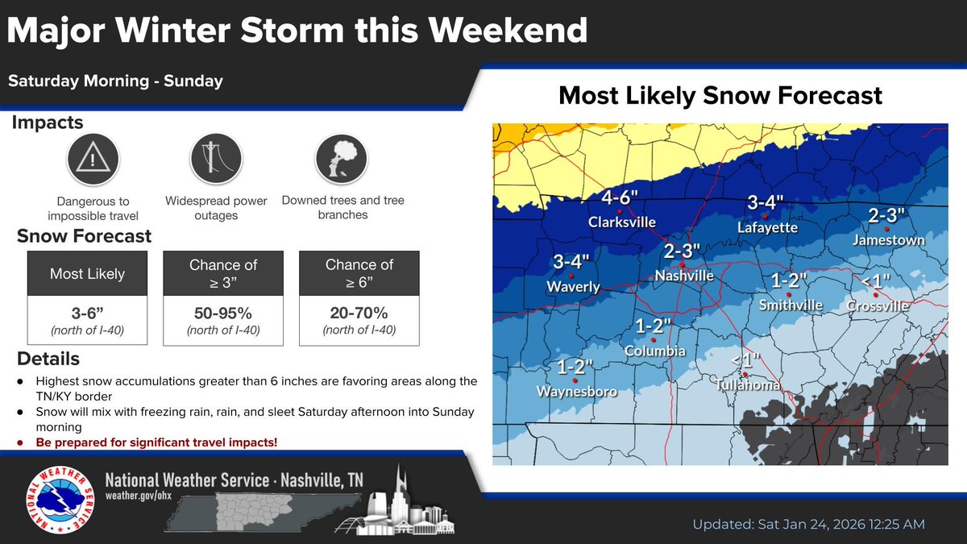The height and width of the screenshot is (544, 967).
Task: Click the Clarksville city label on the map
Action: click(621, 222)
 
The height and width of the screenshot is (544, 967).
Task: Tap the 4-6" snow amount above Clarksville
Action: click(621, 199)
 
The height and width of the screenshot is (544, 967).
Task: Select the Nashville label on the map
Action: click(683, 276)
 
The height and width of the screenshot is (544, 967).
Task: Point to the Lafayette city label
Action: click(767, 228)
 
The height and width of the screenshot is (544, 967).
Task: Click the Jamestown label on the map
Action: click(889, 240)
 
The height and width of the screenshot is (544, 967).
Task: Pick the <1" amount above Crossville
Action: click(876, 282)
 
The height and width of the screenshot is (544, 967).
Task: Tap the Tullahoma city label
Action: click(748, 385)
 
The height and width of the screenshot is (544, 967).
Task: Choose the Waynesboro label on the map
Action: click(577, 392)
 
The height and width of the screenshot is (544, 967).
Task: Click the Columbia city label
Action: click(655, 351)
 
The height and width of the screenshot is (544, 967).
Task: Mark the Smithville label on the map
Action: click(791, 305)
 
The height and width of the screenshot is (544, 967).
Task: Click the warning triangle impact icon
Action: click(93, 160)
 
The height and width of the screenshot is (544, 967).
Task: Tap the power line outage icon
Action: click(216, 160)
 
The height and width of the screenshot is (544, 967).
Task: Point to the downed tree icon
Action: click(342, 160)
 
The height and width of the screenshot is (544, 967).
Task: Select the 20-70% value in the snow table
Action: click(359, 312)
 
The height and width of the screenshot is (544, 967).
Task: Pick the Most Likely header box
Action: click(87, 274)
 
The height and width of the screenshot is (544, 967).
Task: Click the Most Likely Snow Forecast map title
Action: click(720, 96)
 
